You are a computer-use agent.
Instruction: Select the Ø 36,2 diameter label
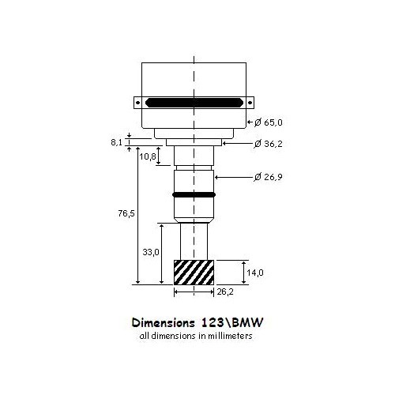(x=270, y=145)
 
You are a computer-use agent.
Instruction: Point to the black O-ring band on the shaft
(x=194, y=194)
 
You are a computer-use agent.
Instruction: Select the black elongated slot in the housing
(x=194, y=102)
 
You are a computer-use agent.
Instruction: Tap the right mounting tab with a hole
(x=250, y=102)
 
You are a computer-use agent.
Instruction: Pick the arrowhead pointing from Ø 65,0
(x=250, y=122)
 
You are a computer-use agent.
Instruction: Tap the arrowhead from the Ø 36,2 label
(x=225, y=145)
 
